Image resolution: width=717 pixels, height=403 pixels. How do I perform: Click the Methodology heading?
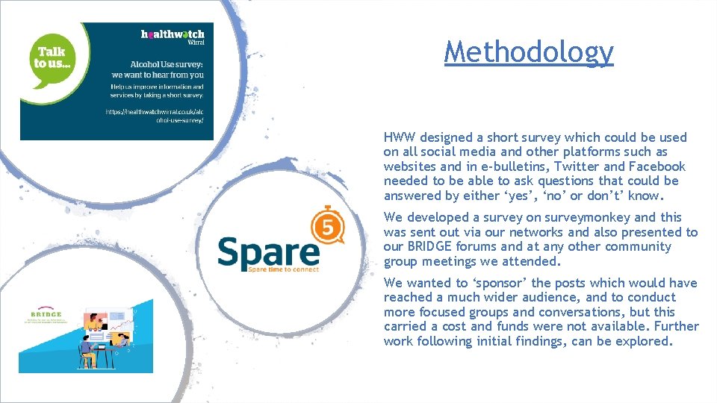tap(529, 51)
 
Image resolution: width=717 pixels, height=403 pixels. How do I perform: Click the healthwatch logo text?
tap(173, 34)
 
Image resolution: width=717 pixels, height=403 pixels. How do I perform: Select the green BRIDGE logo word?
tap(46, 313)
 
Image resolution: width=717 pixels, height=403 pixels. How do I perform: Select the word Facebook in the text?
tap(657, 166)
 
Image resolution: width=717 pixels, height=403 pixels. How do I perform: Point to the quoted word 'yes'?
tap(495, 196)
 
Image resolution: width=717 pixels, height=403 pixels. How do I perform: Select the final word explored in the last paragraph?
tap(648, 341)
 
